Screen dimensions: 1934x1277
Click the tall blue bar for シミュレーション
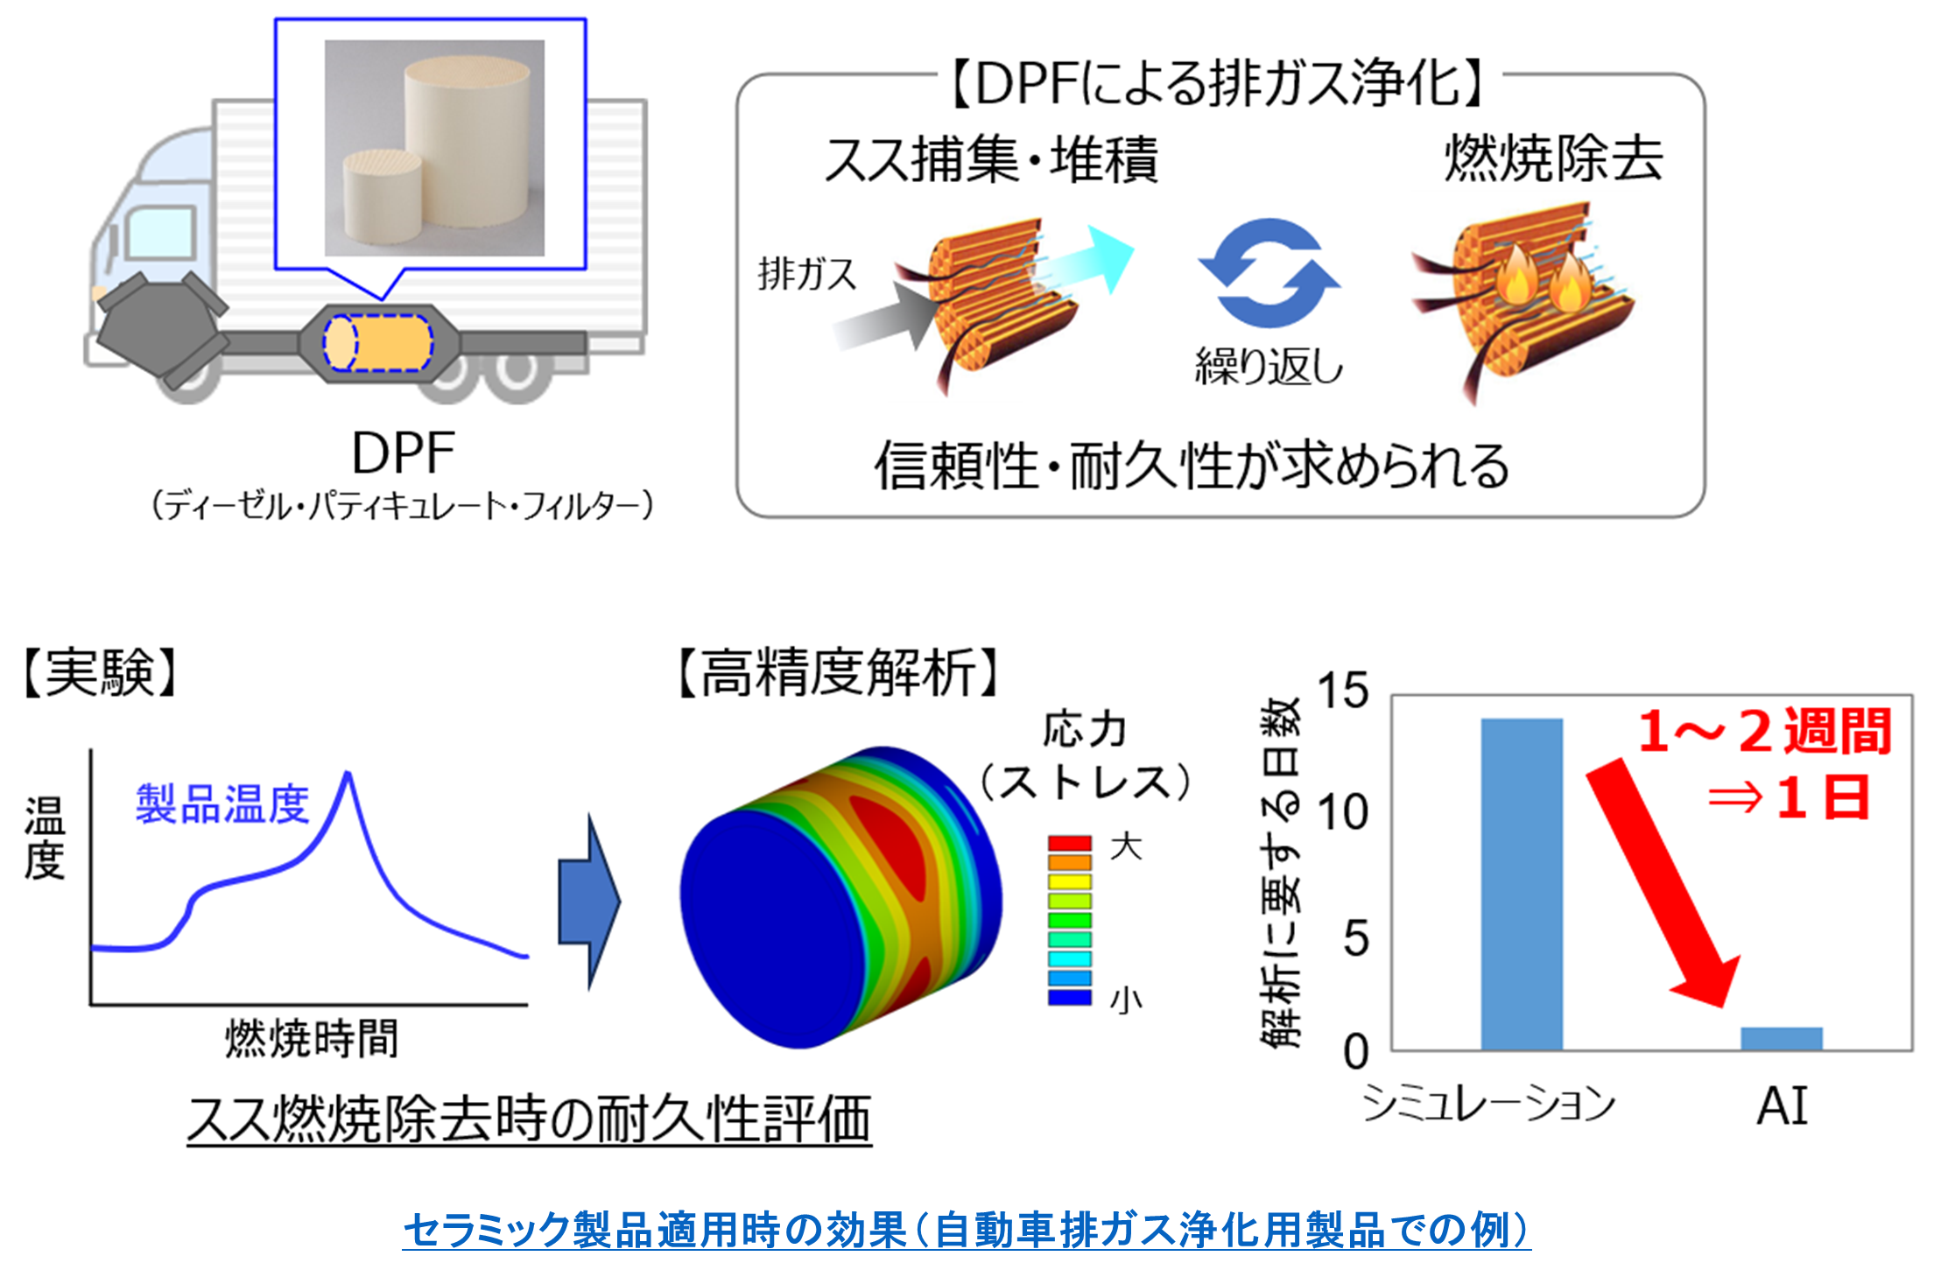[1522, 884]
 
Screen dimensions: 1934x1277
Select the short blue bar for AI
[1782, 1039]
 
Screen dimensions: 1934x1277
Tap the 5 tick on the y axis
[1355, 938]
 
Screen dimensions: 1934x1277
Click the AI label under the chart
[1783, 1106]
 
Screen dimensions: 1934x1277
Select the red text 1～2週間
[1765, 731]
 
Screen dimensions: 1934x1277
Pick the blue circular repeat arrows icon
[1269, 273]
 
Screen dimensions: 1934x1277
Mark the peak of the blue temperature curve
[348, 772]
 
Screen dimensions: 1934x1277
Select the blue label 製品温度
[222, 803]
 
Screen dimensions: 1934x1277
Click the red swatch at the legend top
[1070, 843]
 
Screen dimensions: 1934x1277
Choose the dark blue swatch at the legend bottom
[1070, 997]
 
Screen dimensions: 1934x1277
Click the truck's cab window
[158, 233]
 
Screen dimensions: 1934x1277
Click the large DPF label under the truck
[403, 453]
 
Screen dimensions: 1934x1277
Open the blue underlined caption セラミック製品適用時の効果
[654, 1230]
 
